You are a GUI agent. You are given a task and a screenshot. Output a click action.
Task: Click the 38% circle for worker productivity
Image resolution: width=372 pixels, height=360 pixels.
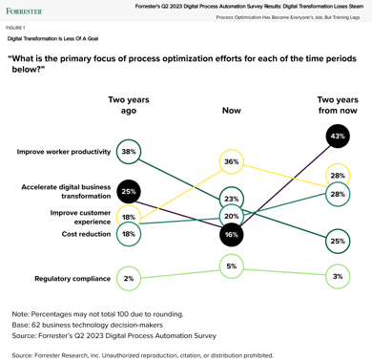point(129,152)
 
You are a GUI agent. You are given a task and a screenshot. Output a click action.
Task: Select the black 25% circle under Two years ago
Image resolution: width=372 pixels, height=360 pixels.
point(129,192)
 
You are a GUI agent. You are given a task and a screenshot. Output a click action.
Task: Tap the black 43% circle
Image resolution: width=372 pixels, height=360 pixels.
point(338,137)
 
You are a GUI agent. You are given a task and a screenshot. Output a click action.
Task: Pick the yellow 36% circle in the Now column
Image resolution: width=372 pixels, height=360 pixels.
point(232,163)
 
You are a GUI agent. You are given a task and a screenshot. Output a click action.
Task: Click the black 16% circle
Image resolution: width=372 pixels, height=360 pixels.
point(232,234)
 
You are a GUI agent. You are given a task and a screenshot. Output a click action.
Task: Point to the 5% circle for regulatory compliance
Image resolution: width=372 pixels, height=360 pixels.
point(232,266)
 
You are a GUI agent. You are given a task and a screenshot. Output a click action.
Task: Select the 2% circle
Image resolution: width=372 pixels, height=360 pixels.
point(129,279)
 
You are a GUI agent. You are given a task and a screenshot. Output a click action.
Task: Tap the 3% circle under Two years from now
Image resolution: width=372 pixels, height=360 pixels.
point(338,276)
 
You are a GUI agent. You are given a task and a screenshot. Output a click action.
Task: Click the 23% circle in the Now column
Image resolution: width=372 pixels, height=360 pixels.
point(232,199)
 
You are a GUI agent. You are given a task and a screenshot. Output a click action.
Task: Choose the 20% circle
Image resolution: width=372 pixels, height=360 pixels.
point(232,217)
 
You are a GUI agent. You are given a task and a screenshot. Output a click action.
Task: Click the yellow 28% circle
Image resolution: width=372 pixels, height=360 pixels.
point(338,176)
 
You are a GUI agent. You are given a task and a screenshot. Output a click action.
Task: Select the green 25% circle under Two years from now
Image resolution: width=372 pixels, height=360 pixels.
point(338,242)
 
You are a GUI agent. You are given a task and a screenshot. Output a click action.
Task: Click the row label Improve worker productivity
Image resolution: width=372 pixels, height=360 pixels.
point(63,152)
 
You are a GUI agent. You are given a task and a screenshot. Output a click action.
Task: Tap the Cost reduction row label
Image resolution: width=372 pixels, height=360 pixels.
point(85,233)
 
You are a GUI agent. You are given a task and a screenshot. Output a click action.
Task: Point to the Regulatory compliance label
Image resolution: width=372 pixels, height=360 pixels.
point(71,279)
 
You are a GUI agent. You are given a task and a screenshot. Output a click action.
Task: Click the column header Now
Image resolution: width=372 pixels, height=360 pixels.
point(232,110)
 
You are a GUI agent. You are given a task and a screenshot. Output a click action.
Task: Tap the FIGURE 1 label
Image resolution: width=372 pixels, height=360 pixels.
point(16,28)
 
